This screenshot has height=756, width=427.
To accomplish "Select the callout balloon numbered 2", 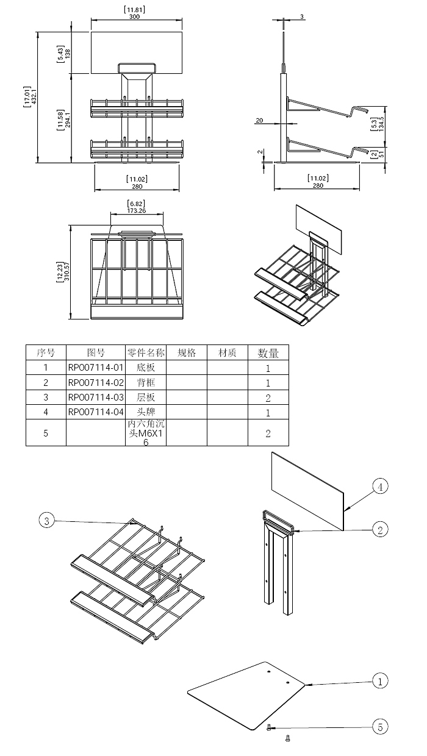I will coord(379,530).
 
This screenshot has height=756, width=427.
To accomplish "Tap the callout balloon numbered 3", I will coord(47,520).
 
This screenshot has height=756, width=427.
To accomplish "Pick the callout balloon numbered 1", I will coord(379,680).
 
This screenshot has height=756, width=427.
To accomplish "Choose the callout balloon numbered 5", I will coord(379,727).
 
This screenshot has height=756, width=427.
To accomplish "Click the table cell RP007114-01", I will coord(96,368).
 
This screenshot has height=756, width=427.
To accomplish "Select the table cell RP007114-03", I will coord(96,398).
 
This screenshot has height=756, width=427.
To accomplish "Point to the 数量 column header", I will coord(268,352).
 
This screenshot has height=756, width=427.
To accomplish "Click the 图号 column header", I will coord(96,352).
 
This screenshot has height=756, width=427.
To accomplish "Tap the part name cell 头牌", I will coord(145,412).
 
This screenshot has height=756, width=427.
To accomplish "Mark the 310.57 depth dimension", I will coord(68,270).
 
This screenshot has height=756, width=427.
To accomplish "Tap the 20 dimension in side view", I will coord(259,121).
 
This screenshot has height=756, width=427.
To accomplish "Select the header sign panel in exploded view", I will coord(308,491).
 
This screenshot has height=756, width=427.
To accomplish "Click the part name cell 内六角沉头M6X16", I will coord(145,433).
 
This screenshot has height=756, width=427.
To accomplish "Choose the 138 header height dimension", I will coord(68,52).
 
